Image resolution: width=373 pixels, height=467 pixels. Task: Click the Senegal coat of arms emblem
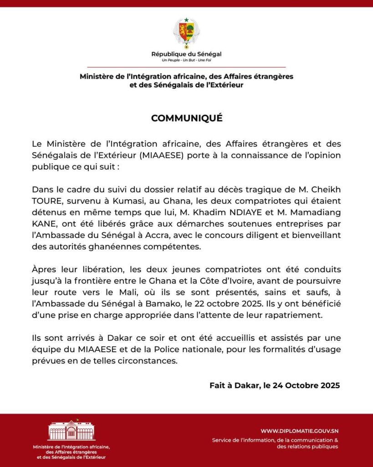(x=186, y=32)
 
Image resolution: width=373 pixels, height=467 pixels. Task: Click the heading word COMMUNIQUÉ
(x=187, y=118)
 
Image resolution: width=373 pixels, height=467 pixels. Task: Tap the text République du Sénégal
(x=186, y=54)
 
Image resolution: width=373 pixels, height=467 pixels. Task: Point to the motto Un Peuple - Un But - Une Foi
(x=186, y=60)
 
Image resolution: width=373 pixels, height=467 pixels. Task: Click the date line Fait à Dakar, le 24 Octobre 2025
(x=275, y=385)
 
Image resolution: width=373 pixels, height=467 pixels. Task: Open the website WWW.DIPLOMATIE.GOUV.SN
(x=299, y=431)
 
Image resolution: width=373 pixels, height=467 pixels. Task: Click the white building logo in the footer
(x=71, y=431)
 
